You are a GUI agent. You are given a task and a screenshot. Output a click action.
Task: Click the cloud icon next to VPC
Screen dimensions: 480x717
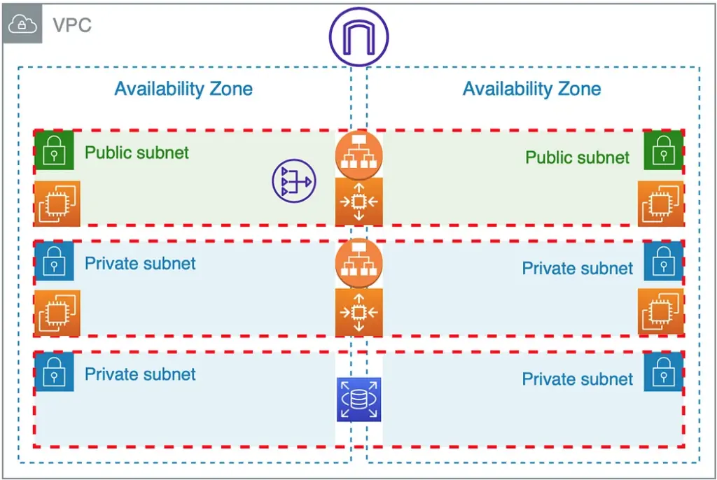[22, 25]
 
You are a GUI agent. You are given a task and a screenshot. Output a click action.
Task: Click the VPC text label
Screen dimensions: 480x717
[72, 26]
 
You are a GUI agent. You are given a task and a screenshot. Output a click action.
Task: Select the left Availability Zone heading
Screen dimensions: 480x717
[183, 89]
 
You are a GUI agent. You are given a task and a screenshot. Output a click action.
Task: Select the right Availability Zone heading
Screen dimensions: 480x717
[531, 89]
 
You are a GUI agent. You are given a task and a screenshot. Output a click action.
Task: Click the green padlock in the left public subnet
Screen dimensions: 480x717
[54, 150]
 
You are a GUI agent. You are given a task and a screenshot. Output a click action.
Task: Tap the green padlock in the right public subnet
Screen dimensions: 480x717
[663, 150]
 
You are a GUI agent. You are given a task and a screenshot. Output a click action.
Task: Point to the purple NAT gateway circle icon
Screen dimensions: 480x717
[294, 182]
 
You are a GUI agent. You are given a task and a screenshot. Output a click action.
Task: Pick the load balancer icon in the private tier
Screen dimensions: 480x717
[358, 263]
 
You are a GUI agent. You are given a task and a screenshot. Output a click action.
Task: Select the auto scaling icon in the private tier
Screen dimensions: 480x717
[358, 312]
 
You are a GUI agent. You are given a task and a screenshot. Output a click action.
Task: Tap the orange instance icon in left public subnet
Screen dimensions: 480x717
[57, 204]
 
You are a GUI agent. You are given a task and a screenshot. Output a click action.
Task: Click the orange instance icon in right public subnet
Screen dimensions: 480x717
[660, 204]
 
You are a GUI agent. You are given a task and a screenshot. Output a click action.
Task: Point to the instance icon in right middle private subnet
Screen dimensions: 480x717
[660, 312]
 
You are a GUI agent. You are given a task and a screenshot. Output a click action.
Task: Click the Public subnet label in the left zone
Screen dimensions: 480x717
[137, 153]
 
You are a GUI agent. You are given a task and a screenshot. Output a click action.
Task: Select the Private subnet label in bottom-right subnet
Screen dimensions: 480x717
[577, 379]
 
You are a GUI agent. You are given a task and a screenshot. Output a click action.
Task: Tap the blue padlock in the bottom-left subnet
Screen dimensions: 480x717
[54, 371]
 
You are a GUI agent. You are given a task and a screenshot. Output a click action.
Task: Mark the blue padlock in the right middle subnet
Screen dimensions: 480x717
[663, 261]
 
